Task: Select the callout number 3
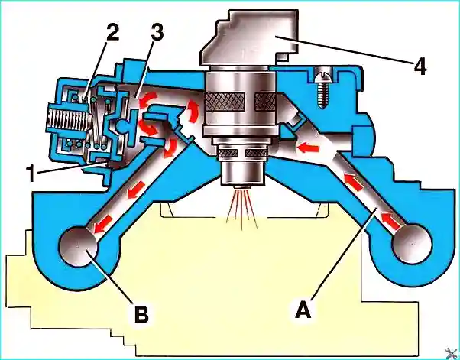click(157, 33)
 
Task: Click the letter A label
click(303, 310)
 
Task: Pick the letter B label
click(141, 315)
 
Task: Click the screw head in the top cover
click(321, 77)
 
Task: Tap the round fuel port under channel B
click(78, 246)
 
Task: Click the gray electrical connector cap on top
click(249, 37)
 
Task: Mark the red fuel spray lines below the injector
click(242, 209)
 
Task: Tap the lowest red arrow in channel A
click(392, 221)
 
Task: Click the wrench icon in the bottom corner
click(452, 353)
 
